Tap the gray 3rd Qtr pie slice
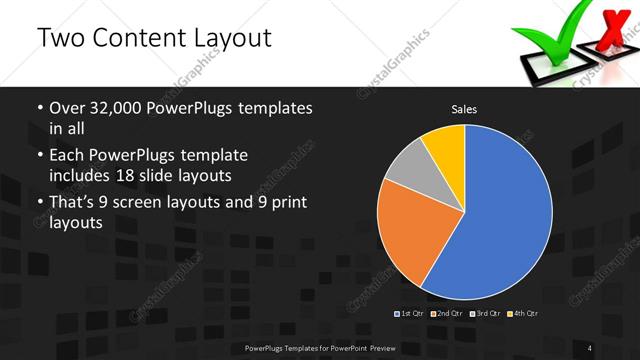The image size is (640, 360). [408, 167]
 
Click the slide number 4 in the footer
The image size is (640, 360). [590, 347]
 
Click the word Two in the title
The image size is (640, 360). [60, 39]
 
